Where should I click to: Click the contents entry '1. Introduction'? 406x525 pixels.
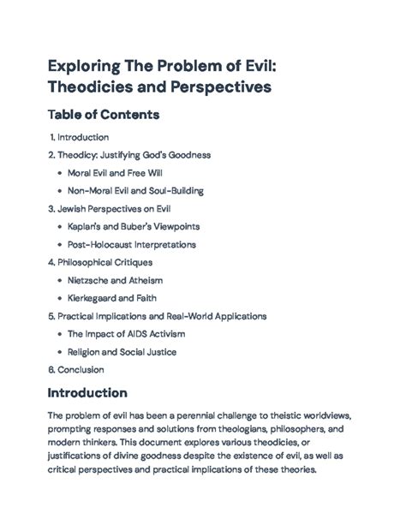(79, 137)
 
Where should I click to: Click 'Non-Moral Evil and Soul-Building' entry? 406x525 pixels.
(135, 191)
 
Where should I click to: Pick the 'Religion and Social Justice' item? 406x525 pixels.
(123, 352)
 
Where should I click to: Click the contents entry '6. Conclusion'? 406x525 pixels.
(77, 370)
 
